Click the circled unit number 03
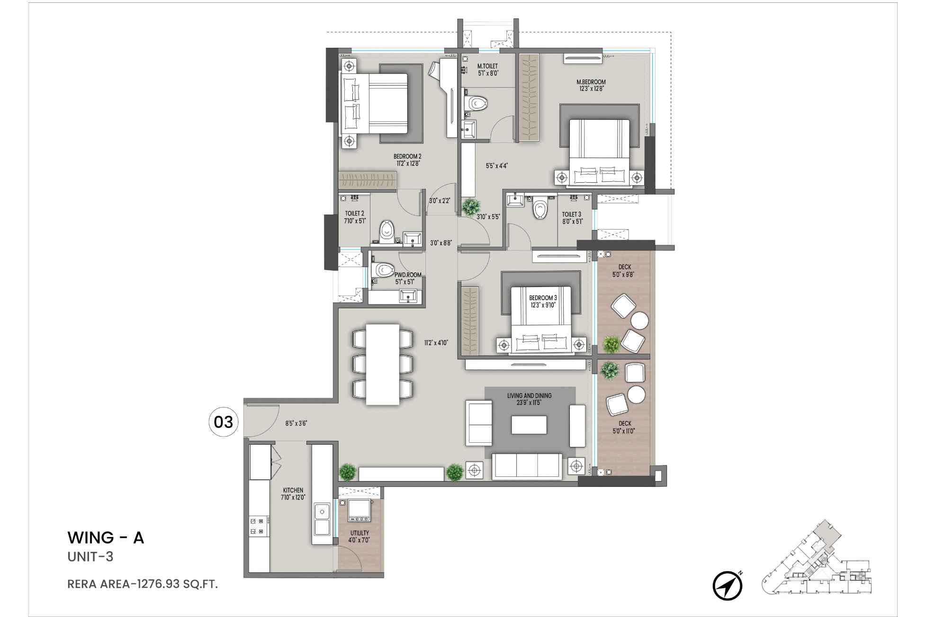click(x=223, y=421)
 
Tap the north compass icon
click(x=727, y=586)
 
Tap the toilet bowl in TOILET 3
click(x=539, y=209)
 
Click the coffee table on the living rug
click(x=529, y=424)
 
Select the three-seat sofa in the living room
click(x=527, y=466)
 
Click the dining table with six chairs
click(x=383, y=364)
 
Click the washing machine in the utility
click(x=359, y=509)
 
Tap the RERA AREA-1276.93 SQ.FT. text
click(x=143, y=584)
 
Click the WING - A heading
click(x=106, y=538)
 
